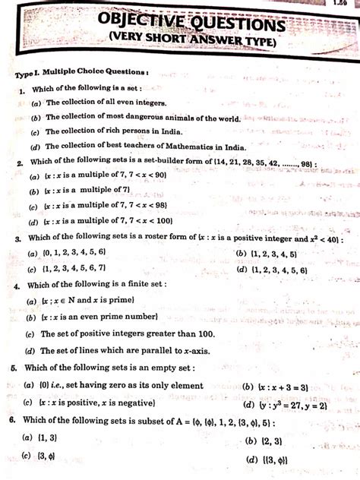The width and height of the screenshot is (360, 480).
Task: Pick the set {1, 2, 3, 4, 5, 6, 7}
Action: coord(84,270)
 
